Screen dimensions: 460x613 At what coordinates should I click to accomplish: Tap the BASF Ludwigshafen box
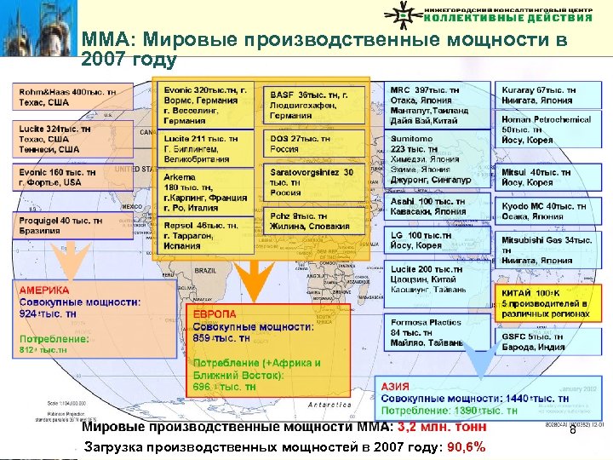[318, 105]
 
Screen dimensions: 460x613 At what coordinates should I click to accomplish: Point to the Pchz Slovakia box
[318, 221]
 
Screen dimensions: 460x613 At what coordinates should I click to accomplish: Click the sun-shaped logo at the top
[405, 14]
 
